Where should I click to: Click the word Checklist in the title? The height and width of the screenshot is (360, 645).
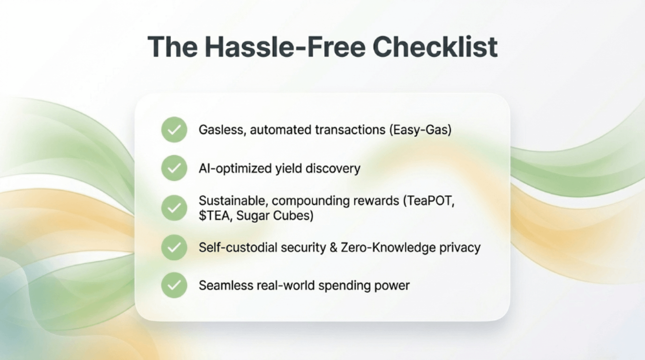pyautogui.click(x=435, y=47)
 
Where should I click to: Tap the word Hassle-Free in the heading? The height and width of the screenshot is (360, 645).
pyautogui.click(x=285, y=47)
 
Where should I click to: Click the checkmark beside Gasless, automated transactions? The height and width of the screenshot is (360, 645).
pyautogui.click(x=174, y=129)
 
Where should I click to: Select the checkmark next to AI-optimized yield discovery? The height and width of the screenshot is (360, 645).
pyautogui.click(x=174, y=168)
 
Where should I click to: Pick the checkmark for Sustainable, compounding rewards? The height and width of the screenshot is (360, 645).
pyautogui.click(x=174, y=208)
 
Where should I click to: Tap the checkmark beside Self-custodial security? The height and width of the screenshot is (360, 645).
pyautogui.click(x=174, y=247)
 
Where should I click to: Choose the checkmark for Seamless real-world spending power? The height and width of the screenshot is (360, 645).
pyautogui.click(x=174, y=285)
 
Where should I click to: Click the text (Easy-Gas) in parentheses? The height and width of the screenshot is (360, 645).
pyautogui.click(x=420, y=130)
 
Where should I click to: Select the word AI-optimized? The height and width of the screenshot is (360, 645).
pyautogui.click(x=235, y=168)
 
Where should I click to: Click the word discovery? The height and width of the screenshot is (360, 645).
pyautogui.click(x=333, y=168)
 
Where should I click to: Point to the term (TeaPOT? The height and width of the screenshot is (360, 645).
pyautogui.click(x=429, y=201)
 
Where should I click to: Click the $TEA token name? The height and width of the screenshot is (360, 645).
pyautogui.click(x=215, y=216)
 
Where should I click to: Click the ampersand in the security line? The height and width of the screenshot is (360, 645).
pyautogui.click(x=333, y=247)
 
